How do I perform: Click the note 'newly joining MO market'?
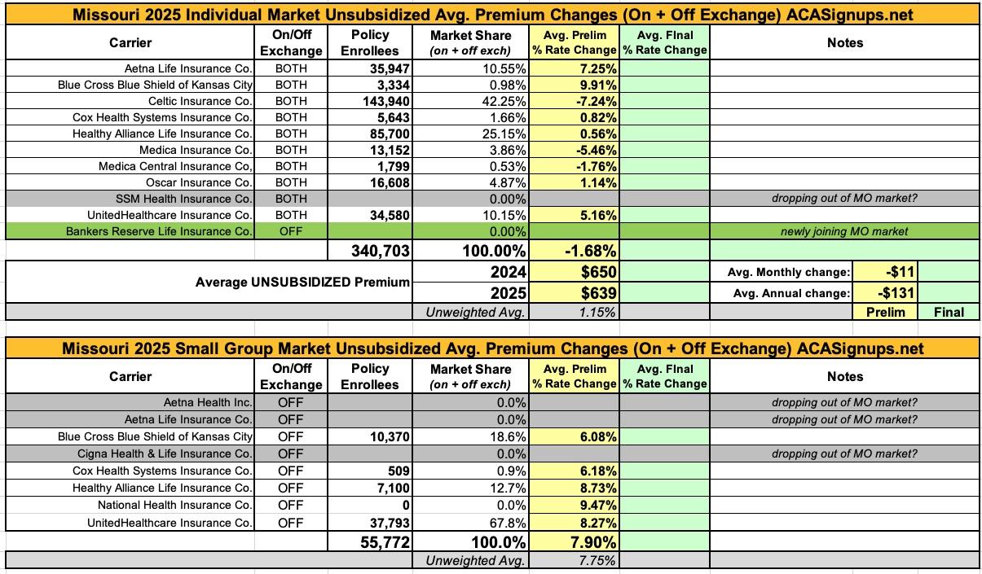(845, 231)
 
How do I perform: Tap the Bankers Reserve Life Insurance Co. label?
(160, 231)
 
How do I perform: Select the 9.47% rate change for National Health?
(594, 505)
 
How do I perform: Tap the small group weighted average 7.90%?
(589, 541)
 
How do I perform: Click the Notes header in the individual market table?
(844, 42)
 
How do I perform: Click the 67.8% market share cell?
(507, 522)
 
